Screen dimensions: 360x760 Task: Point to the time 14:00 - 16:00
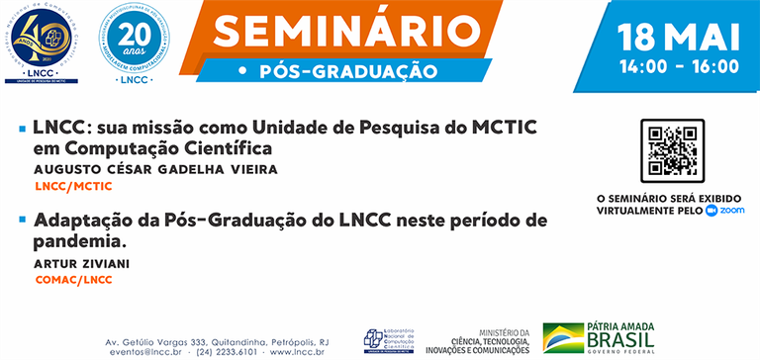coord(679,67)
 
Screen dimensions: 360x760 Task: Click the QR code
coord(672,150)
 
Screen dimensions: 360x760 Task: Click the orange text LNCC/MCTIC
coord(72,185)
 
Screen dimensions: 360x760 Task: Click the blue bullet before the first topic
coord(22,130)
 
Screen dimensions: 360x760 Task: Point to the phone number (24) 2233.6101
coord(226,351)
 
